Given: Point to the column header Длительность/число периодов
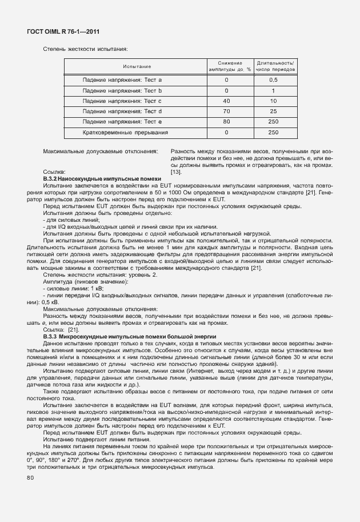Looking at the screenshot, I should (x=275, y=66).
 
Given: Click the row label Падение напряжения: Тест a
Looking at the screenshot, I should (x=122, y=80).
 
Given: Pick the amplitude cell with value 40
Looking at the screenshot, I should (x=226, y=101).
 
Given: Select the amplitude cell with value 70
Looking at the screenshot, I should (x=226, y=111).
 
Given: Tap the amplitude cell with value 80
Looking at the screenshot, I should (x=226, y=122).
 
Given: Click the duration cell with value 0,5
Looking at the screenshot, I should (x=273, y=80).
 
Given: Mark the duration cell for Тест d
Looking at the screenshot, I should (x=273, y=111).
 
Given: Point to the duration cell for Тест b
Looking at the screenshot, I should (x=273, y=90).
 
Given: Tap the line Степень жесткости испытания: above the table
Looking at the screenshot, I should (x=85, y=50).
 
